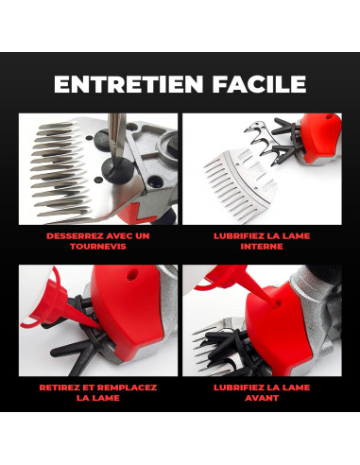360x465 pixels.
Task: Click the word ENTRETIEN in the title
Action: pyautogui.click(x=129, y=84)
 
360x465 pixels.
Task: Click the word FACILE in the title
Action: pyautogui.click(x=259, y=84)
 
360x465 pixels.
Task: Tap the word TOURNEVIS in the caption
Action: pyautogui.click(x=98, y=247)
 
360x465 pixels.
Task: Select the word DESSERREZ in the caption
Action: pyautogui.click(x=75, y=236)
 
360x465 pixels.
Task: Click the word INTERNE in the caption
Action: pyautogui.click(x=262, y=247)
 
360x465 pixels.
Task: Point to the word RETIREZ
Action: pyautogui.click(x=60, y=387)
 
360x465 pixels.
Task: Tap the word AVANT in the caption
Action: pyautogui.click(x=262, y=398)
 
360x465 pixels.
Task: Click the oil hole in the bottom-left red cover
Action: pyautogui.click(x=129, y=276)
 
